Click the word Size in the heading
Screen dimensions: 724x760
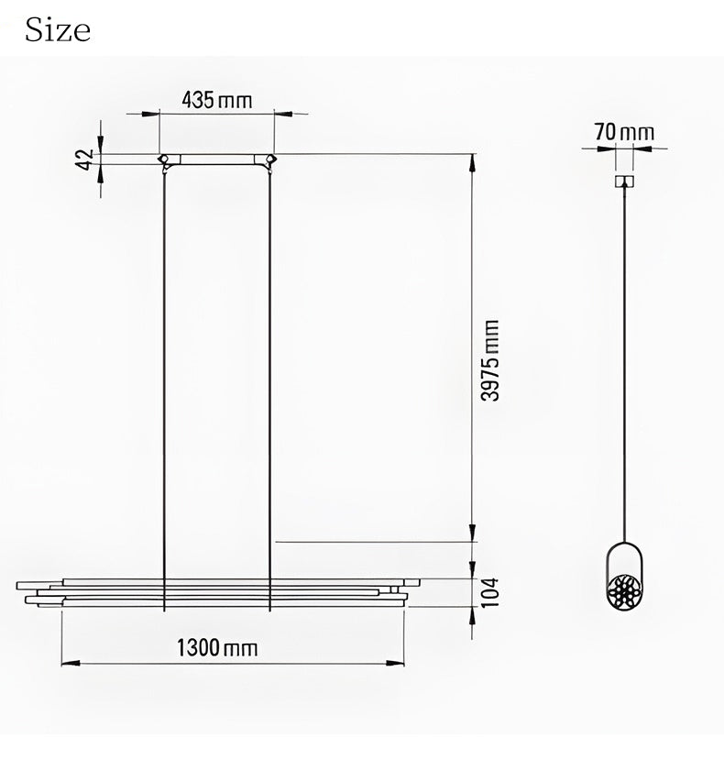pos(58,29)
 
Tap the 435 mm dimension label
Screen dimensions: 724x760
pos(217,100)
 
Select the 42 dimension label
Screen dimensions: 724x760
pos(86,159)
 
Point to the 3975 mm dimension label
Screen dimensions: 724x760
pos(490,359)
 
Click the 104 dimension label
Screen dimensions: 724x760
pos(490,592)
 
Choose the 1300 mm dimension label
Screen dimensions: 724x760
pos(216,647)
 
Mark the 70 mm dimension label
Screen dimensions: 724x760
pos(624,132)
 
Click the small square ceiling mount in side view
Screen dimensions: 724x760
pos(625,182)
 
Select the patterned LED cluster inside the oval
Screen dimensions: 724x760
pos(625,592)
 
